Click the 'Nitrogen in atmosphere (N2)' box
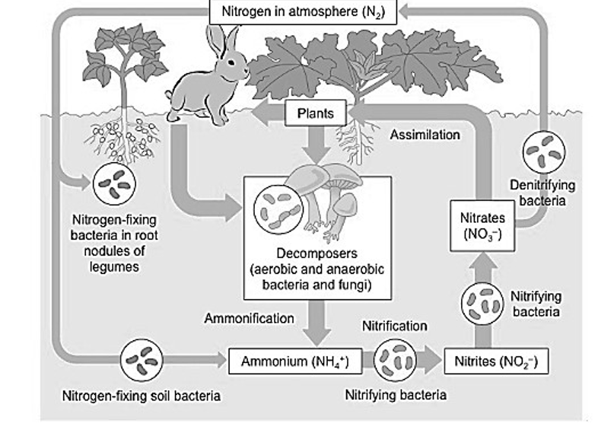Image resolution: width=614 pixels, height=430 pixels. click(302, 11)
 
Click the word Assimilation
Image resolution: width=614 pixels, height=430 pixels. click(425, 135)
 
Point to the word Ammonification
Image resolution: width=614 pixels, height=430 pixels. click(248, 318)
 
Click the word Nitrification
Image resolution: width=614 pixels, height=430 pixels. click(393, 326)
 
